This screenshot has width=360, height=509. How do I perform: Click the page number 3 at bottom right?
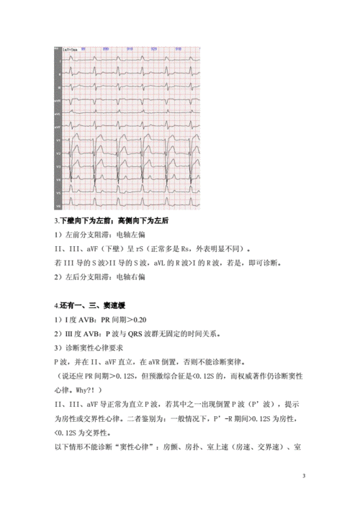pyautogui.click(x=304, y=476)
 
